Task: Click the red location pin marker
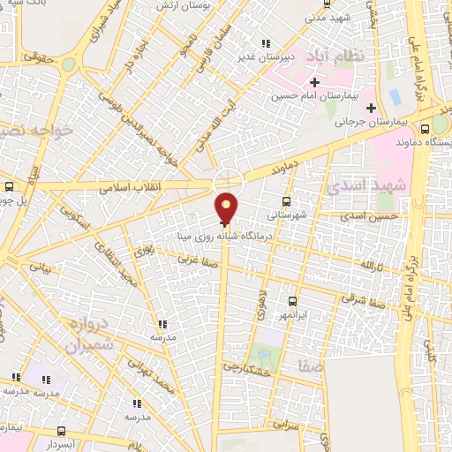click(x=227, y=207)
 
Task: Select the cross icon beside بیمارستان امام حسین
click(x=314, y=83)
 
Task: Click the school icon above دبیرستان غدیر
click(x=263, y=43)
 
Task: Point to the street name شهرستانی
click(x=289, y=214)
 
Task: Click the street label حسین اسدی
click(x=371, y=215)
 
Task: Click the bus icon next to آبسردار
click(x=61, y=431)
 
